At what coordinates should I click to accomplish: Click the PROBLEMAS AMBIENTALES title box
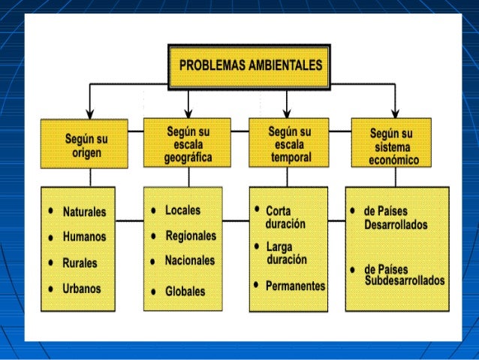249,65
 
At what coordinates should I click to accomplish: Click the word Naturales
84,212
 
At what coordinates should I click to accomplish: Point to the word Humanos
84,237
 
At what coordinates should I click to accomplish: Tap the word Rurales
80,263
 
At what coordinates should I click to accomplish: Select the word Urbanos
82,288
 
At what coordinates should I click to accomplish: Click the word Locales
182,210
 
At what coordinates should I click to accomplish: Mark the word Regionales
191,236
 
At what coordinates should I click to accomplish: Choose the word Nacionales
190,261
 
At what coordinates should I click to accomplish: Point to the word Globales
185,291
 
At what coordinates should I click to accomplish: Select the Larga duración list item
286,253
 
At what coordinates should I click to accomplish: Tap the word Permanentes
295,286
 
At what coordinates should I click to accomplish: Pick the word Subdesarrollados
405,281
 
